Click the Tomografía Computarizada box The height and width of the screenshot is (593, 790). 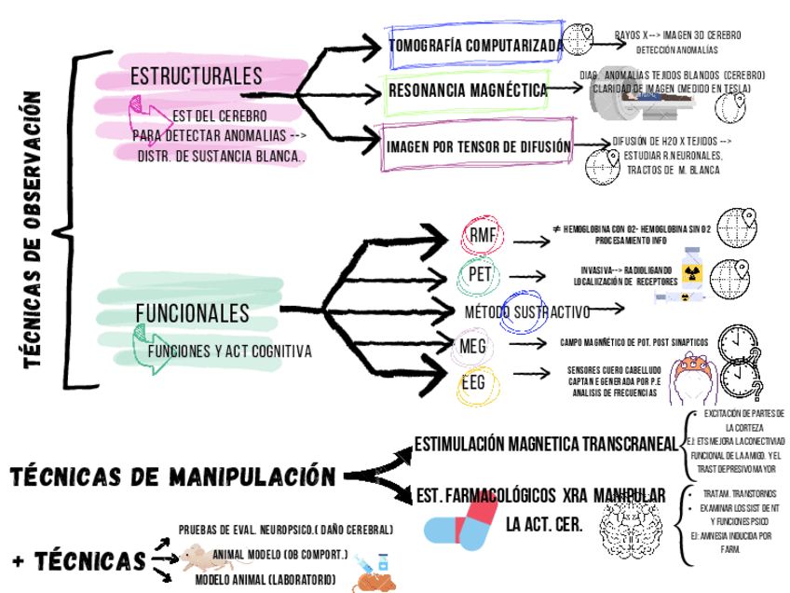pyautogui.click(x=476, y=45)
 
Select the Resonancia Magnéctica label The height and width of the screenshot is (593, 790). pyautogui.click(x=468, y=90)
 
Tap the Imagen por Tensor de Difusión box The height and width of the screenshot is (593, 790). pyautogui.click(x=478, y=146)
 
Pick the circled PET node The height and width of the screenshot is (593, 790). pyautogui.click(x=481, y=275)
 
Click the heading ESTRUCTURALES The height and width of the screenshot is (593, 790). pyautogui.click(x=197, y=76)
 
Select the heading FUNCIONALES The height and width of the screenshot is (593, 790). pyautogui.click(x=192, y=311)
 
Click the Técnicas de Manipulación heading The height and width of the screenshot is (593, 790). pyautogui.click(x=172, y=477)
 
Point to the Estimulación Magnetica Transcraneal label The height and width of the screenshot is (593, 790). pyautogui.click(x=546, y=444)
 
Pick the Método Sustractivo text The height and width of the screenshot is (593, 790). pyautogui.click(x=527, y=310)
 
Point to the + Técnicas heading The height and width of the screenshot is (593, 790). pyautogui.click(x=79, y=560)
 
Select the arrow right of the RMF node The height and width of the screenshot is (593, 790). pyautogui.click(x=531, y=241)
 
